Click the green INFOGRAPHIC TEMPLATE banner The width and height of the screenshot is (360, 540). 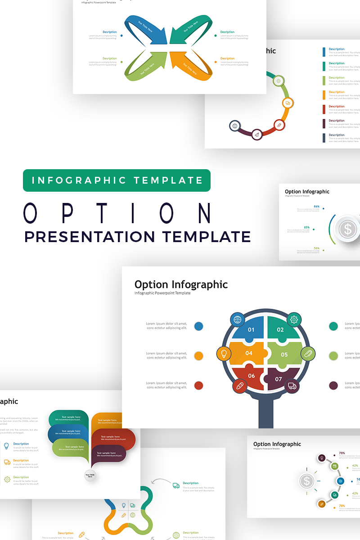click(x=117, y=180)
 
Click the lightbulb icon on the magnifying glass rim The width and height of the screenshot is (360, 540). click(x=224, y=354)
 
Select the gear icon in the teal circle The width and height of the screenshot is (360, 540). click(x=294, y=320)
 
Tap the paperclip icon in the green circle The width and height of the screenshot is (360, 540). click(x=308, y=354)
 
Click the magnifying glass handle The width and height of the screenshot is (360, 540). click(x=265, y=412)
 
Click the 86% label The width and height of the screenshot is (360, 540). click(x=317, y=207)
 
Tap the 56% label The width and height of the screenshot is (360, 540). click(x=317, y=248)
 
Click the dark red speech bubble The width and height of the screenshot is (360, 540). click(x=112, y=439)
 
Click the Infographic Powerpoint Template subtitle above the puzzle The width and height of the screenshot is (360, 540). click(x=162, y=293)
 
